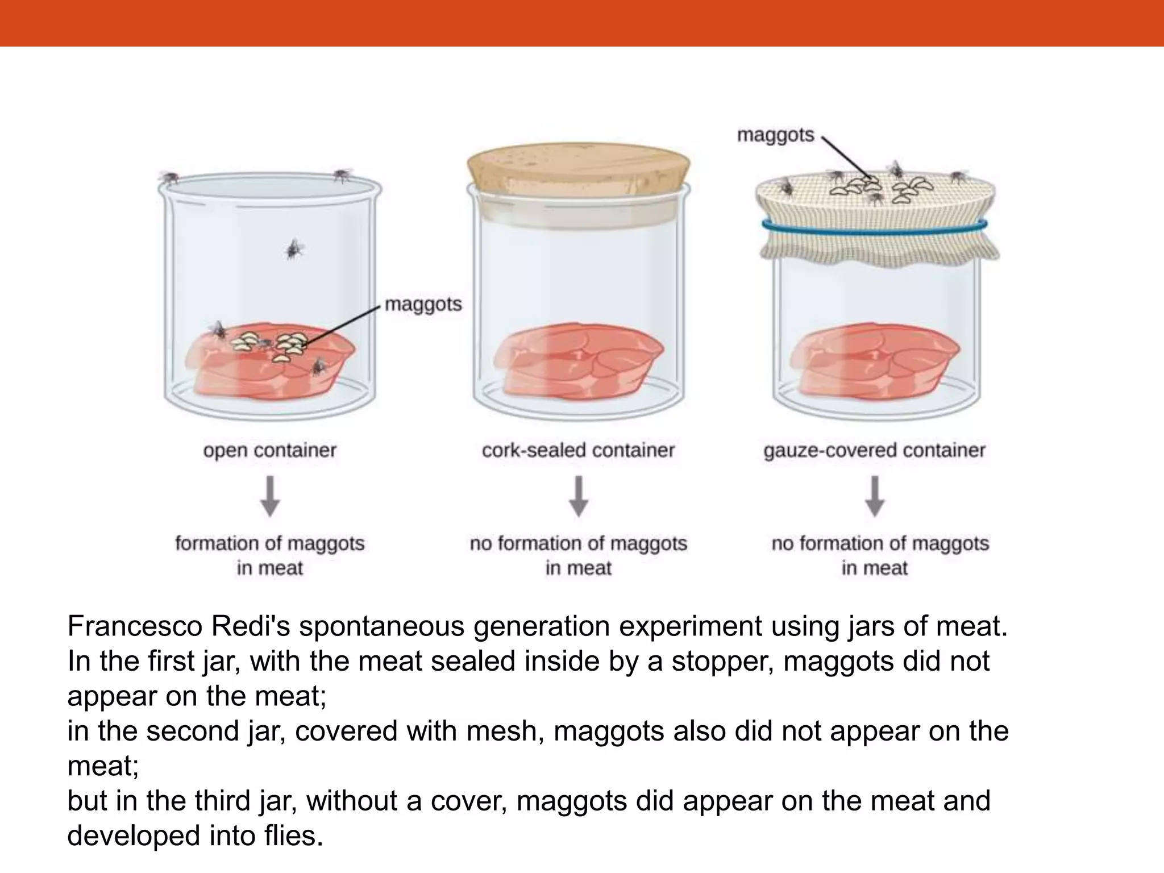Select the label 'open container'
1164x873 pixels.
click(x=269, y=451)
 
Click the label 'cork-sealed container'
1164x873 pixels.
click(x=578, y=451)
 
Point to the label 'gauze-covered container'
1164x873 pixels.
click(x=874, y=451)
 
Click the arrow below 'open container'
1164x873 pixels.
click(x=270, y=496)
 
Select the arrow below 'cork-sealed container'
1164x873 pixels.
click(x=579, y=496)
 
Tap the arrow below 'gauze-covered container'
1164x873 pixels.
click(x=875, y=496)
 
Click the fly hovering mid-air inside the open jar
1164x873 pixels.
click(x=294, y=248)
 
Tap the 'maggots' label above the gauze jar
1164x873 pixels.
click(x=775, y=135)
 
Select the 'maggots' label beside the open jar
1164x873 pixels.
click(x=423, y=305)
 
